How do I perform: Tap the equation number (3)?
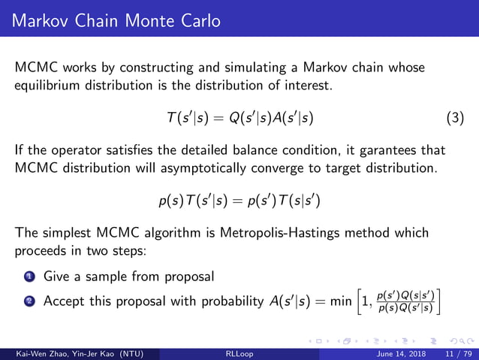pos(455,118)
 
